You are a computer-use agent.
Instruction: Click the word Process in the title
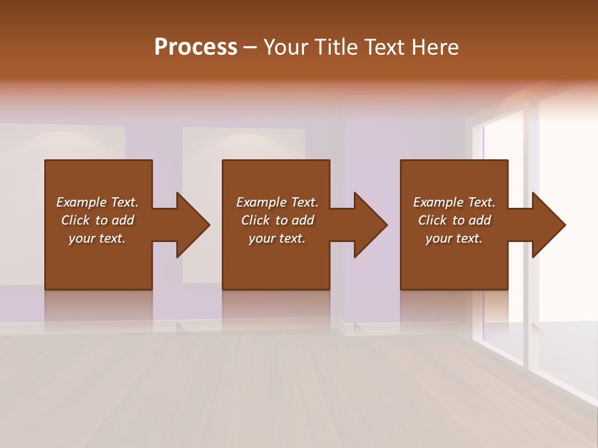coord(196,47)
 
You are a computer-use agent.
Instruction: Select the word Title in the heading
coord(336,47)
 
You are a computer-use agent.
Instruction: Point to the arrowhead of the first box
coord(191,225)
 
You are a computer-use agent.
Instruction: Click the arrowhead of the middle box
coord(369,225)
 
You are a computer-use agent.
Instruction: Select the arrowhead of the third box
coord(547,225)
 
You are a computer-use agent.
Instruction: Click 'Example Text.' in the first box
coord(97,202)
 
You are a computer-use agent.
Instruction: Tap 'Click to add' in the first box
coord(97,220)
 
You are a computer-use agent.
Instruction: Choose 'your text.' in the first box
coord(97,238)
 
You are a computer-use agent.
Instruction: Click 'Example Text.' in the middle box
coord(277,202)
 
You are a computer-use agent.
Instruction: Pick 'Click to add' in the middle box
coord(277,220)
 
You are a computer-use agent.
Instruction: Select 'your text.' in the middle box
coord(277,238)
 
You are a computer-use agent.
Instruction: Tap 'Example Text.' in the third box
coord(454,202)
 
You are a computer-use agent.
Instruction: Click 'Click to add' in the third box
coord(454,220)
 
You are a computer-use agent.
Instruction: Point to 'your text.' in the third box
coord(454,238)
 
